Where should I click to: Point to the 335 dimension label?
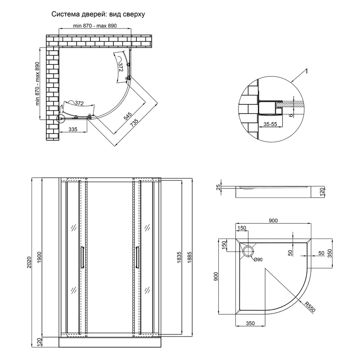[73, 129]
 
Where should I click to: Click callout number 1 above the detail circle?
[306, 71]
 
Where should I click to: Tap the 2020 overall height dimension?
[28, 262]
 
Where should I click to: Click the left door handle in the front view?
[81, 257]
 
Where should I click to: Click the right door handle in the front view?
[136, 257]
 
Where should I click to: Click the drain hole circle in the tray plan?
[248, 251]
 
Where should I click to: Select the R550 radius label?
[309, 308]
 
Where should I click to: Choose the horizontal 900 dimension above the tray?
[274, 220]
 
